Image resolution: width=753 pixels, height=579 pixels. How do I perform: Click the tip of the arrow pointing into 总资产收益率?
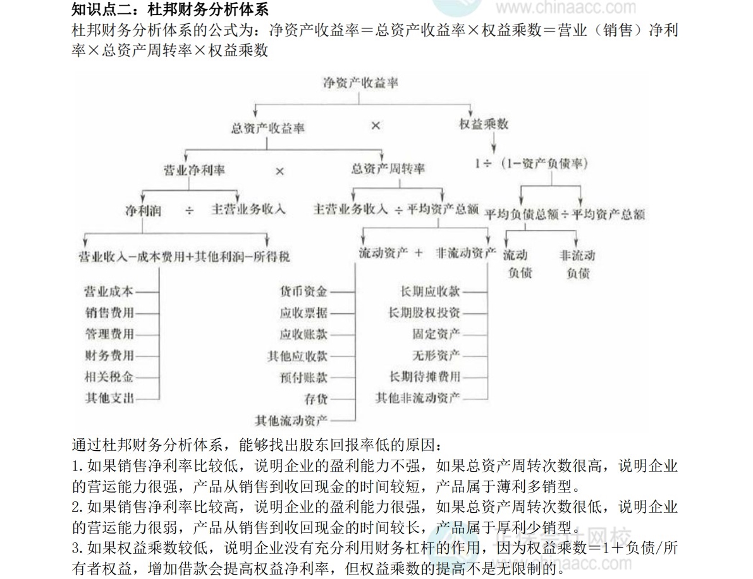coord(255,117)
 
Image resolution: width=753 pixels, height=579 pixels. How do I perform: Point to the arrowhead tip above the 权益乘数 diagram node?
coord(470,117)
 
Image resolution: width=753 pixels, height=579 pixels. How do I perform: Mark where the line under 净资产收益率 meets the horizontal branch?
coord(358,104)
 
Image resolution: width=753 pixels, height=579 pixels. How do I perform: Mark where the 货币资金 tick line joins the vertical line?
coord(355,291)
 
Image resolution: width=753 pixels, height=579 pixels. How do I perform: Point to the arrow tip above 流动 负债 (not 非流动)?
coord(506,246)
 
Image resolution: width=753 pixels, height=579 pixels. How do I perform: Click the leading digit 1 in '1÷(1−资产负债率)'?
coord(477,164)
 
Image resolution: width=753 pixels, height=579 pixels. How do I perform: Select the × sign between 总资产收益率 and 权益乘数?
coord(376,126)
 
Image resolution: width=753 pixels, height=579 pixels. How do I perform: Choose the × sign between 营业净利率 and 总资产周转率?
coord(279,171)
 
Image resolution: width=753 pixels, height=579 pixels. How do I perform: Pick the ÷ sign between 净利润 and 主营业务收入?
coord(190,210)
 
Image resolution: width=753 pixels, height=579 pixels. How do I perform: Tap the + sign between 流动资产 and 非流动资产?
coord(419,253)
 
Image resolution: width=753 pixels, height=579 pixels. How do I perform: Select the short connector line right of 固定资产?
coord(475,334)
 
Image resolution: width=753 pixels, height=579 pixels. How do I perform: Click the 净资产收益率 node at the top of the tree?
coord(360,83)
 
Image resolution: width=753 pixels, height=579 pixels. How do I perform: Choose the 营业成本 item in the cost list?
coord(109,291)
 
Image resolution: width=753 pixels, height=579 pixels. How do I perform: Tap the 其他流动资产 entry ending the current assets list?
coord(291,421)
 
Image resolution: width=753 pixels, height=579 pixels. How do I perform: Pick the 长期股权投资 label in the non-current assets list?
coord(424,313)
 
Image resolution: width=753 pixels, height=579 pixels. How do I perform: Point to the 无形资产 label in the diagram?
coord(436,355)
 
